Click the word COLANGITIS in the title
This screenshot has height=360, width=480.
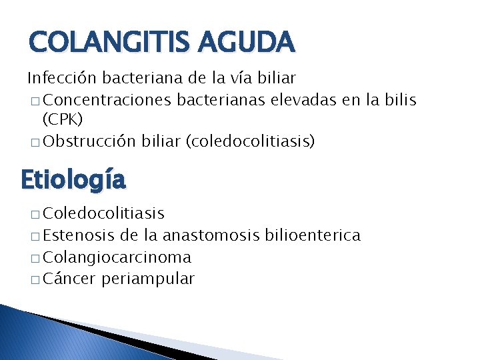(x=103, y=43)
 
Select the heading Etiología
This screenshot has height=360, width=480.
(x=73, y=179)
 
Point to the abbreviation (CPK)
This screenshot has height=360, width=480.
(x=62, y=121)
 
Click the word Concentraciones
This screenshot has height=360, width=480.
(x=108, y=100)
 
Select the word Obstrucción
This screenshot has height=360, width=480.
(x=90, y=142)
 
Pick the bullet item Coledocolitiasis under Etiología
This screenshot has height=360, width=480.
(x=103, y=213)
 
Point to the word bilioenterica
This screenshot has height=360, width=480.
(x=313, y=235)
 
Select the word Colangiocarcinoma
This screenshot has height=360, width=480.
(x=117, y=257)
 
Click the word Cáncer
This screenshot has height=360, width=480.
(x=70, y=279)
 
